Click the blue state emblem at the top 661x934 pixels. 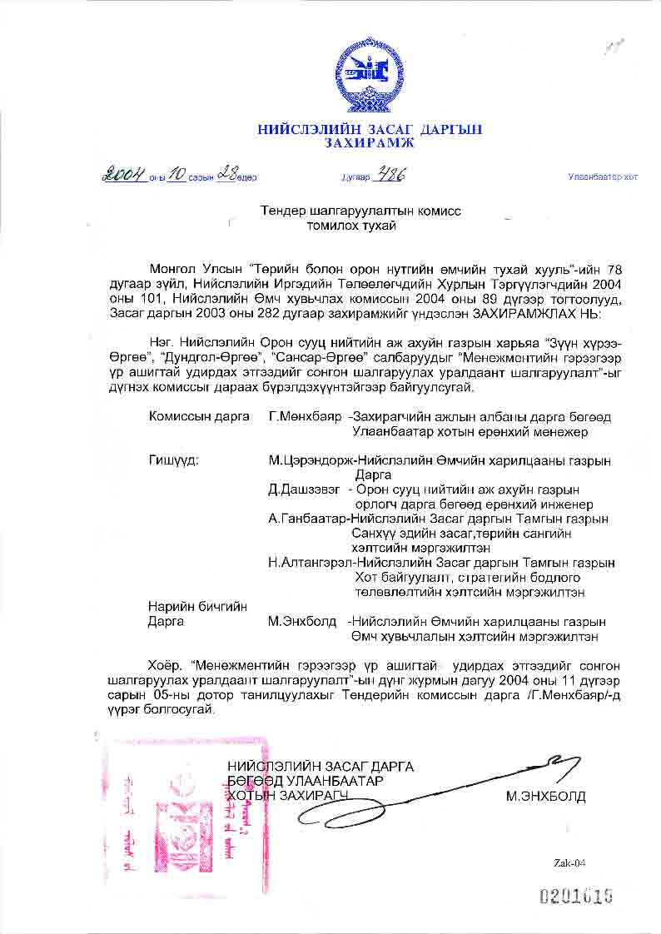point(369,72)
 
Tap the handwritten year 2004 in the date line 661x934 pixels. point(124,176)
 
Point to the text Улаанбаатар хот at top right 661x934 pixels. point(602,177)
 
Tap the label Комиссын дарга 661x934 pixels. point(199,416)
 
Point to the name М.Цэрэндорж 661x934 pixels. point(307,460)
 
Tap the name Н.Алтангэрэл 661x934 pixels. point(311,563)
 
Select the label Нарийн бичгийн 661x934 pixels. point(197,606)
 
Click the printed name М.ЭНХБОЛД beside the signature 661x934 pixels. point(545,797)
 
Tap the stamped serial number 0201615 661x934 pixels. point(577,897)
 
